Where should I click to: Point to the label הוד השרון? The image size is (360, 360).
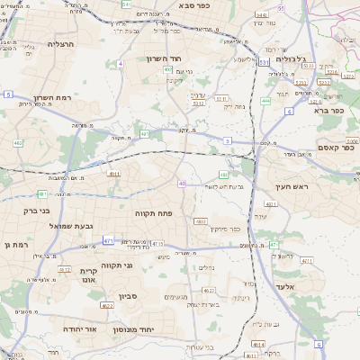pyautogui.click(x=165, y=58)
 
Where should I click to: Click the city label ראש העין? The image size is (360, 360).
pyautogui.click(x=292, y=186)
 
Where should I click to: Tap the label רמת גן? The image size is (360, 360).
pyautogui.click(x=16, y=243)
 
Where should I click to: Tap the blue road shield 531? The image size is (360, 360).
pyautogui.click(x=262, y=62)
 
